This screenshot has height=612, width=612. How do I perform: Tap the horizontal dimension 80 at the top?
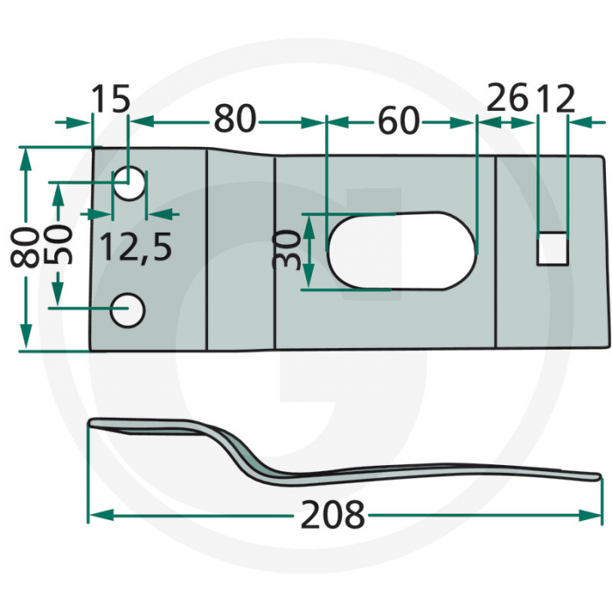[234, 119]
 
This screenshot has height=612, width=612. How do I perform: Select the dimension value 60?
[399, 121]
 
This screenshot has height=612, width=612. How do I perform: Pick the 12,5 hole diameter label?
[136, 247]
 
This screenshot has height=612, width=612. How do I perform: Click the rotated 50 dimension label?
[59, 245]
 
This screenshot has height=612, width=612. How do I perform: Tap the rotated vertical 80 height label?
[24, 248]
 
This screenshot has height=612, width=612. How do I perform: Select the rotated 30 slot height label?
[287, 249]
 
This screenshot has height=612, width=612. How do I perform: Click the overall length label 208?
[332, 514]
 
